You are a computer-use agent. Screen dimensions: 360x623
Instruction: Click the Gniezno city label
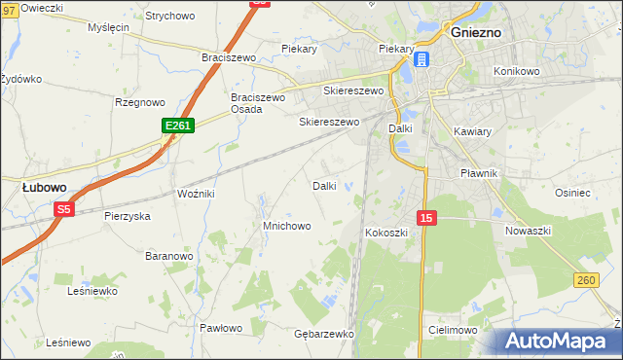coord(476,32)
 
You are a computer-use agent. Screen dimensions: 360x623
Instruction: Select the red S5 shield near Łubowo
coord(64,209)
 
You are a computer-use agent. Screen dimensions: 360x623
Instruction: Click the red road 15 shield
coord(426,218)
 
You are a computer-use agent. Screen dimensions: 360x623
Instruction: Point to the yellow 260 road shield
coord(585,280)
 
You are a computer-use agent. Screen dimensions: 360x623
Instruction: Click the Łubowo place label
coord(45,186)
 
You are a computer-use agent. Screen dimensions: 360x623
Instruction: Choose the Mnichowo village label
coord(286,226)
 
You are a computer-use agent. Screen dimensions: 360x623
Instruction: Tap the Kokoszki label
coord(386,234)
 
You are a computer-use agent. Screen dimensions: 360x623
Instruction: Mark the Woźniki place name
coord(195,194)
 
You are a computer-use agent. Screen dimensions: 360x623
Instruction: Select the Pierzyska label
coord(128,216)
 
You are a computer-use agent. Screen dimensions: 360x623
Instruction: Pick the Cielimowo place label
coord(451,330)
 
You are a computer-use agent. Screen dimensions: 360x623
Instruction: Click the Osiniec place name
coord(600,193)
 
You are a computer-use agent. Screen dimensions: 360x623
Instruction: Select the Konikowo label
coord(516,71)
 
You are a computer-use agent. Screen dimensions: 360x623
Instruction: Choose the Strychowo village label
coord(169,17)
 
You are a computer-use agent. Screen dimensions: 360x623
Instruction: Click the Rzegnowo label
coord(140,101)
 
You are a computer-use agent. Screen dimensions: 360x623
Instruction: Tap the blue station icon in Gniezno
coord(421,60)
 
